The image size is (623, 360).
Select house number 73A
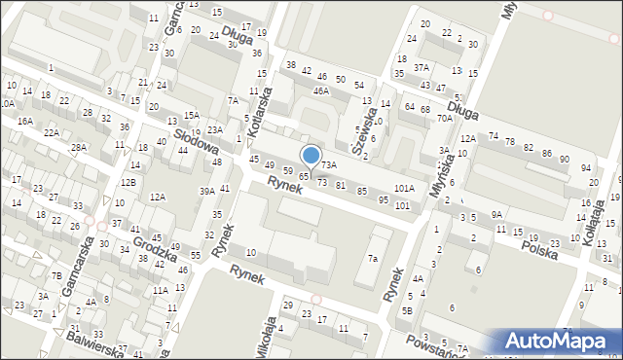point(329,165)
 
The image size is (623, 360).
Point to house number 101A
point(404,188)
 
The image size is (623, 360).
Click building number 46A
point(320,90)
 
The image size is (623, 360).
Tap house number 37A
point(421,67)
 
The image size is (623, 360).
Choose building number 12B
point(128,182)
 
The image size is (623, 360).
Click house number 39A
point(207,192)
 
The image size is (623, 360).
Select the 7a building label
point(372,258)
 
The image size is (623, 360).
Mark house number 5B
point(408,310)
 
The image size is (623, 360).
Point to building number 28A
point(79,147)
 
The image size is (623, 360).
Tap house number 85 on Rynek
point(362,191)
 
